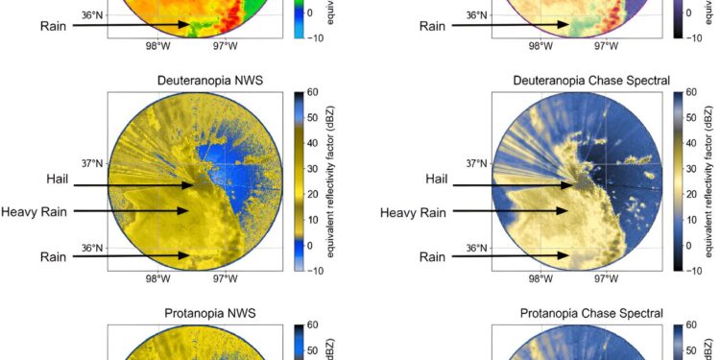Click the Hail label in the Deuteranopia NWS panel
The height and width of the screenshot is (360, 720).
[58, 180]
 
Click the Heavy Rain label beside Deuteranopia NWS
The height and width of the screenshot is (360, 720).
[35, 212]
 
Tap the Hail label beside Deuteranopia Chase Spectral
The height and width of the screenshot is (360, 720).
[437, 180]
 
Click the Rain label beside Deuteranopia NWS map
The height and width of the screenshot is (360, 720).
[54, 256]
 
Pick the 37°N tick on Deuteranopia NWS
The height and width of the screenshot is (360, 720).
[91, 164]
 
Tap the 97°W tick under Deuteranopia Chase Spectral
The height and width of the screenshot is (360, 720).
[606, 279]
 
